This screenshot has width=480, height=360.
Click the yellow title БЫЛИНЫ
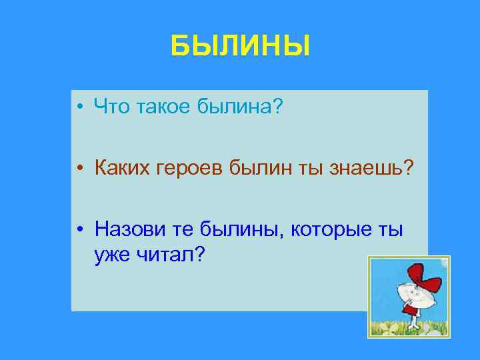(x=240, y=47)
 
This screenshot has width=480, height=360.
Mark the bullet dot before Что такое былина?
(x=79, y=106)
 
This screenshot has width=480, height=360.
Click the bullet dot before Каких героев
(x=79, y=169)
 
